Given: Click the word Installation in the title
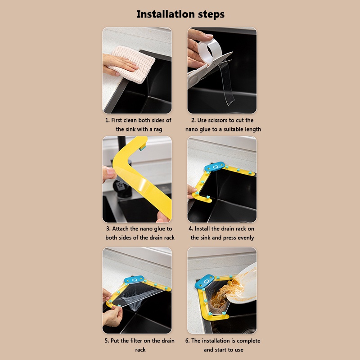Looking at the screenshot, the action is (163, 14).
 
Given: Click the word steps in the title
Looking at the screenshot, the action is (208, 15).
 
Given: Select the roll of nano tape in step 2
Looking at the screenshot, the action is (209, 51).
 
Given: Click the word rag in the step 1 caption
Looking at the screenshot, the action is (158, 130).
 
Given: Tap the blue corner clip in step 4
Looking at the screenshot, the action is (215, 166).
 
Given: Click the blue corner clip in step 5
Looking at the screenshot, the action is (134, 279).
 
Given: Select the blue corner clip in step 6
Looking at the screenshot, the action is (205, 281).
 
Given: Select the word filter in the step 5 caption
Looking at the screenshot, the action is (144, 341).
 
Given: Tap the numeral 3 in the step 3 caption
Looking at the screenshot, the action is (108, 229).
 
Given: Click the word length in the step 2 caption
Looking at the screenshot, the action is (254, 130).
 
